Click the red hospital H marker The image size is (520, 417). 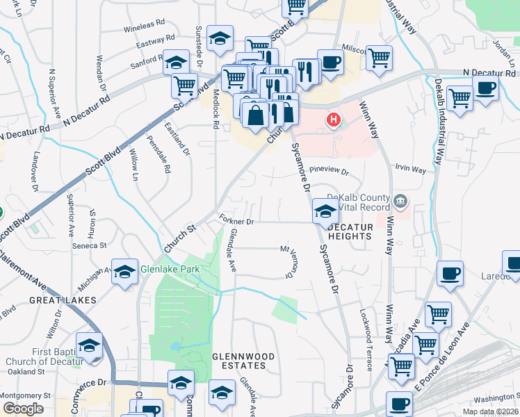tap(334, 120)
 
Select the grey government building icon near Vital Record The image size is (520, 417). tap(400, 202)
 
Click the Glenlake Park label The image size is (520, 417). tap(170, 269)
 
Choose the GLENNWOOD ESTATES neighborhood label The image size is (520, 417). tap(239, 360)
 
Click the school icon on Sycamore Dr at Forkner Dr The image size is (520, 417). tap(325, 211)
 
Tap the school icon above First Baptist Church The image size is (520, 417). tap(90, 345)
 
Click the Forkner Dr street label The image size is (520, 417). tap(238, 222)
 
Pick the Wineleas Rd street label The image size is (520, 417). tap(146, 29)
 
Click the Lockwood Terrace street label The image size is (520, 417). tap(361, 331)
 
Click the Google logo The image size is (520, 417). tap(23, 408)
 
